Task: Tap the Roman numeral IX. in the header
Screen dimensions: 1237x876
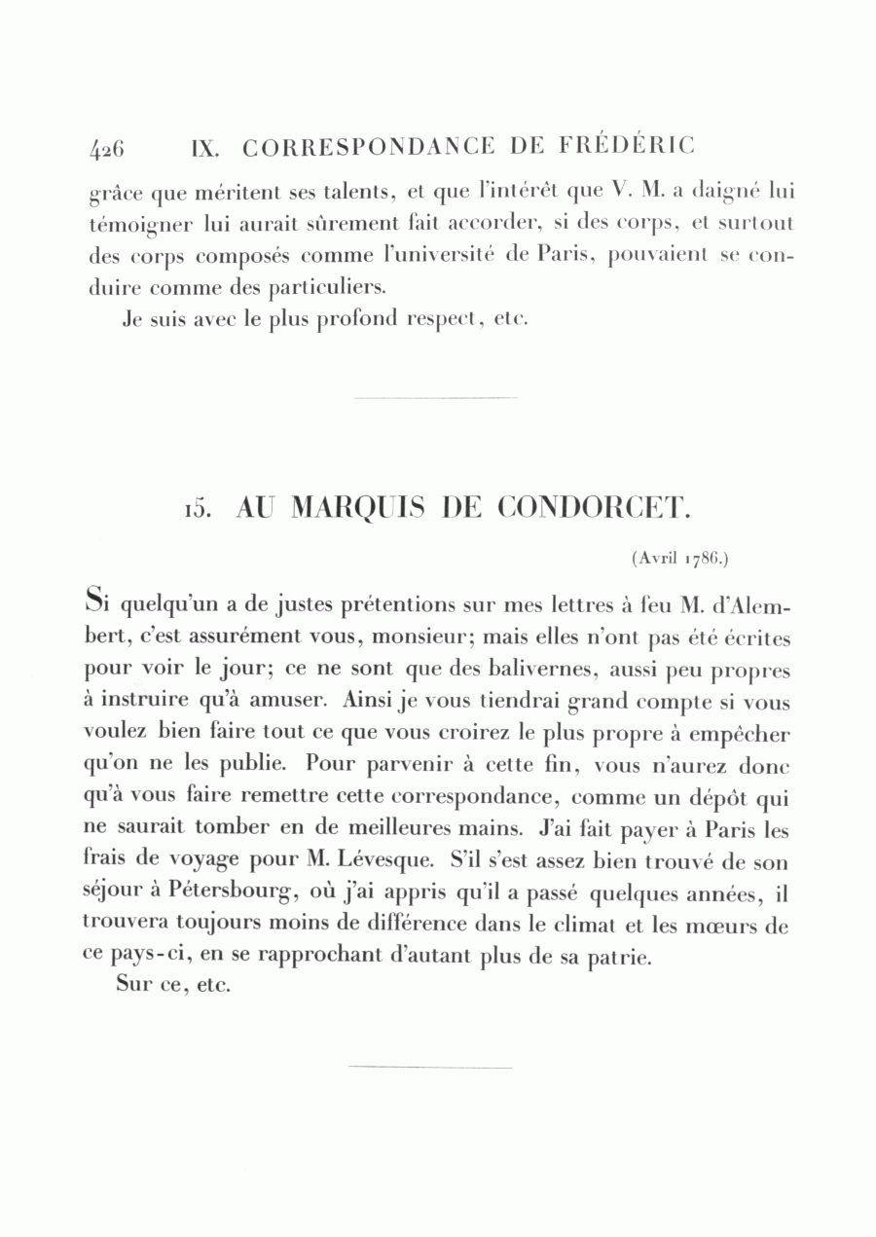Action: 206,148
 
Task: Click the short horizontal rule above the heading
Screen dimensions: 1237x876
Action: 435,397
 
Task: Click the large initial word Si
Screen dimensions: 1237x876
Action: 96,601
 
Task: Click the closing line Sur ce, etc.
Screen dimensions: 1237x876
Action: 171,985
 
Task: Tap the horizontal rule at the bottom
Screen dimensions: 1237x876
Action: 429,1068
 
